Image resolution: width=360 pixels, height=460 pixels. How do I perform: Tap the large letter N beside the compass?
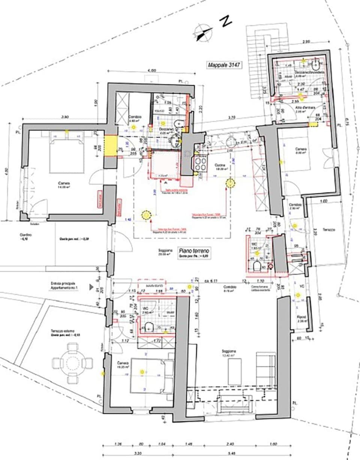tap(226, 22)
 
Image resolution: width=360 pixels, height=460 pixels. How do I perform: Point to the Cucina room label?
tap(220, 165)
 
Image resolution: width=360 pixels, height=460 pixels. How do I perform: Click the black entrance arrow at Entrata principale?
tap(91, 287)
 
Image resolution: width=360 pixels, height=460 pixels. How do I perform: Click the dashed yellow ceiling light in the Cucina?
tap(230, 183)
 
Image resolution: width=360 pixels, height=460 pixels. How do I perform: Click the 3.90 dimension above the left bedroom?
tap(64, 117)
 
